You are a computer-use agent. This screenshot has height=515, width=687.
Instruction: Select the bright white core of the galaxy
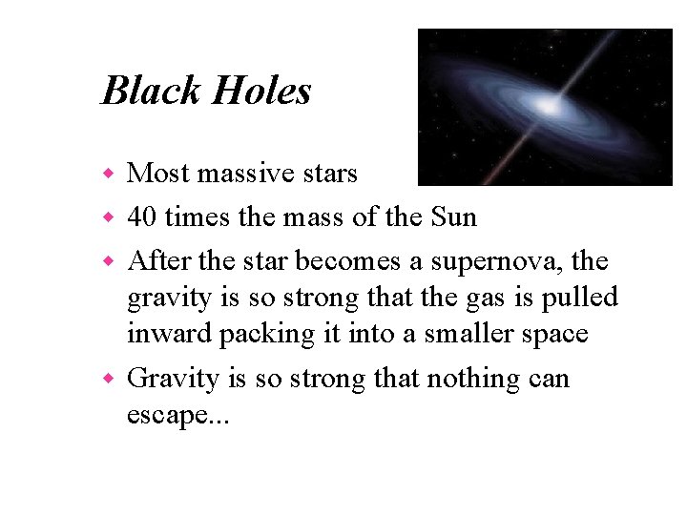coord(545,102)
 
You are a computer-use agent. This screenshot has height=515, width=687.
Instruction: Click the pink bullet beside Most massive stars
coord(110,175)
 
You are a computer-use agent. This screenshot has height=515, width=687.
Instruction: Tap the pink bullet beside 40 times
coord(110,218)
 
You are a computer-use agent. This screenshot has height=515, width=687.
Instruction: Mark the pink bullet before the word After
coord(110,261)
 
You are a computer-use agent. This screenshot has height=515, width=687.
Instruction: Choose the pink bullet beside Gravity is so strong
coord(110,380)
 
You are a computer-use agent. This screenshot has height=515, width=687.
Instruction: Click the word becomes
coord(374,260)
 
